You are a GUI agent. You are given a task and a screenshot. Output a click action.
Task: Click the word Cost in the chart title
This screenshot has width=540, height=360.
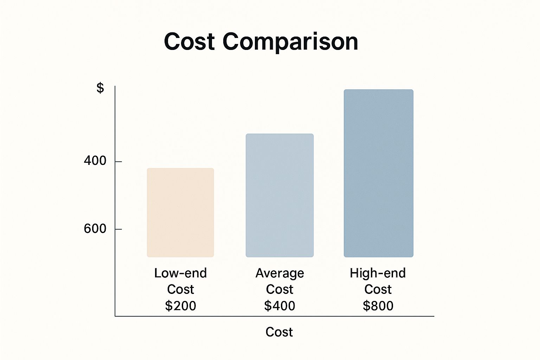tap(189, 41)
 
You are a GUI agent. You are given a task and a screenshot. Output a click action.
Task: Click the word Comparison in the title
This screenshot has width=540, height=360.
tap(290, 42)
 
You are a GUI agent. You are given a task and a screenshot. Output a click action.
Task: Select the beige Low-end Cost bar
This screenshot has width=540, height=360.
tap(180, 212)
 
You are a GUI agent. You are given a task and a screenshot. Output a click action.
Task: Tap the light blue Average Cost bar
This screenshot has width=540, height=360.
tap(279, 195)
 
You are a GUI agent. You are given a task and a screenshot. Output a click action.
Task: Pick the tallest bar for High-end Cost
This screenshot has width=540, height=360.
tap(378, 173)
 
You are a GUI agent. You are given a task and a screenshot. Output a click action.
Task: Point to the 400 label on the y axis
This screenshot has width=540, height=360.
tap(95, 161)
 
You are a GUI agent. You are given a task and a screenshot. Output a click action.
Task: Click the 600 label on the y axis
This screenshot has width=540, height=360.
tap(95, 229)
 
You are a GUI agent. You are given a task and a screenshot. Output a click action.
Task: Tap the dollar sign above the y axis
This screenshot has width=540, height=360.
tap(100, 88)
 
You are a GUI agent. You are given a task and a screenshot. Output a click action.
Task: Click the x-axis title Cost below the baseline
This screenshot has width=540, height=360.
tap(279, 332)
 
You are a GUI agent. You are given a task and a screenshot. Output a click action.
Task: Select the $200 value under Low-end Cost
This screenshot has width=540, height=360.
tap(180, 306)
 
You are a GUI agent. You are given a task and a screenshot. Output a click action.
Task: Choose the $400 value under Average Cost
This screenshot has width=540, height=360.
tap(279, 306)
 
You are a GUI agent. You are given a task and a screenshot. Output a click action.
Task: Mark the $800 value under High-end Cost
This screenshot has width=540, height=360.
tap(378, 306)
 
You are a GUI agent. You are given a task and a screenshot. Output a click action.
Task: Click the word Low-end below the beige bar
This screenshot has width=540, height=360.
tap(180, 273)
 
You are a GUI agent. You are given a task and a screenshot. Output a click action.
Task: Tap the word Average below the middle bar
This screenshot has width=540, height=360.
tap(279, 273)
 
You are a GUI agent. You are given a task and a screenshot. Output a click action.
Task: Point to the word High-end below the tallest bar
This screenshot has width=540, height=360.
tap(378, 273)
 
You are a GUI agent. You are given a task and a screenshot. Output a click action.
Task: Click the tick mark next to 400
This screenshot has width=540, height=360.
tap(118, 161)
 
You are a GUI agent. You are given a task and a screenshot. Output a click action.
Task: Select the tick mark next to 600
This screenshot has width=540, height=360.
tap(118, 229)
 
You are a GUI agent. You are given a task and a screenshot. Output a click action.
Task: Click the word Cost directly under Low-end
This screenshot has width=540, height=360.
tap(180, 289)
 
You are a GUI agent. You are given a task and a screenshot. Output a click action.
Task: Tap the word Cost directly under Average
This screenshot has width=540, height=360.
tap(279, 289)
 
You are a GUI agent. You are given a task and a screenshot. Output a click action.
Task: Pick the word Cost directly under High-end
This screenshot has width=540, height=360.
tap(378, 289)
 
